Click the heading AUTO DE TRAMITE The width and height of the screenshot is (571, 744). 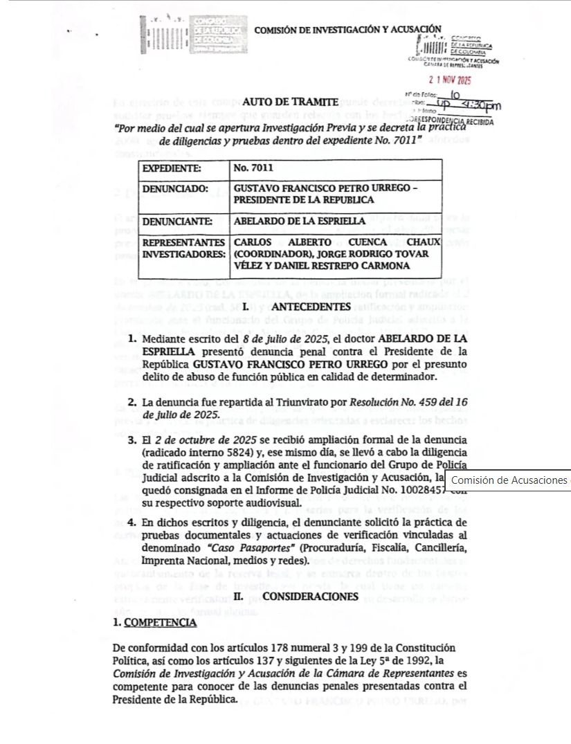pyautogui.click(x=290, y=102)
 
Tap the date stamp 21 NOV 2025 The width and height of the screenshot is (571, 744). pyautogui.click(x=450, y=80)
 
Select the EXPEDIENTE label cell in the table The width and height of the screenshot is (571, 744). pyautogui.click(x=172, y=168)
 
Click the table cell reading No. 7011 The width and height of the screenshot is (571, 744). pyautogui.click(x=251, y=168)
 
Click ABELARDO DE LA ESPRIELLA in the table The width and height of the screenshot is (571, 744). pyautogui.click(x=299, y=221)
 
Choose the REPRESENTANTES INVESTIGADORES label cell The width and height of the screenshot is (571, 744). pyautogui.click(x=183, y=248)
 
